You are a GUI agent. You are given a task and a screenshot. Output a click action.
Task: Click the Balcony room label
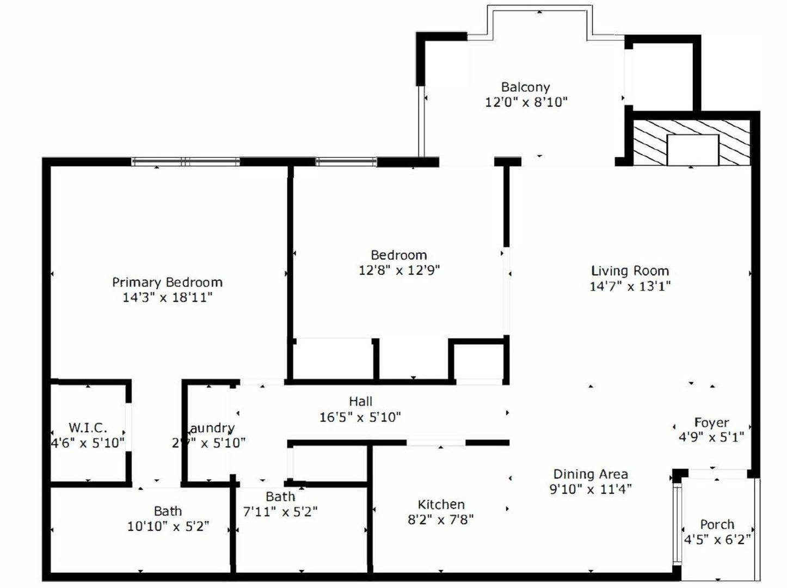525,87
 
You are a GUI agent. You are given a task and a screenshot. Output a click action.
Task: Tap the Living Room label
630,271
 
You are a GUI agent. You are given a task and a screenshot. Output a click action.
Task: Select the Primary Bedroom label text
167,282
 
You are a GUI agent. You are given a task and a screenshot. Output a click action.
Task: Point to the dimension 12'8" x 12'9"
399,269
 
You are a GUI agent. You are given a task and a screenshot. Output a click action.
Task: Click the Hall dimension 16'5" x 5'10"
360,417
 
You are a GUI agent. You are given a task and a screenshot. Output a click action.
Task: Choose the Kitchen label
441,504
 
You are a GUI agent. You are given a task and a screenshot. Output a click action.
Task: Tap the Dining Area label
591,474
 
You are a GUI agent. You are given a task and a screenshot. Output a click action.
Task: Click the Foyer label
711,422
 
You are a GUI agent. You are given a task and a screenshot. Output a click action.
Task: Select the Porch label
717,524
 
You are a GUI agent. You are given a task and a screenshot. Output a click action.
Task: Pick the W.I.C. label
88,427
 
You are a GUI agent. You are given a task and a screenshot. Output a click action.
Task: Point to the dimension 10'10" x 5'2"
168,526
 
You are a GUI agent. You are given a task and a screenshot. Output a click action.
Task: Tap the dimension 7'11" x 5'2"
280,511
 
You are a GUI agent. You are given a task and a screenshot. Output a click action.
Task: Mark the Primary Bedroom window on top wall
186,162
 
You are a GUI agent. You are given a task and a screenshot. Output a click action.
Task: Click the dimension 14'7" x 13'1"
630,286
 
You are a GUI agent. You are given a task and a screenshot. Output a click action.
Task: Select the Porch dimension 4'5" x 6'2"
717,540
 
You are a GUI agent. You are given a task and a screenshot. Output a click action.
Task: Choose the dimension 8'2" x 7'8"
440,519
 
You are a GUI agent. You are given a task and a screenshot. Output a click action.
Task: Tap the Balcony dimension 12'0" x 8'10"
526,102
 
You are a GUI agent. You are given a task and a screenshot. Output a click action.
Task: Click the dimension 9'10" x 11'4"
591,488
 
